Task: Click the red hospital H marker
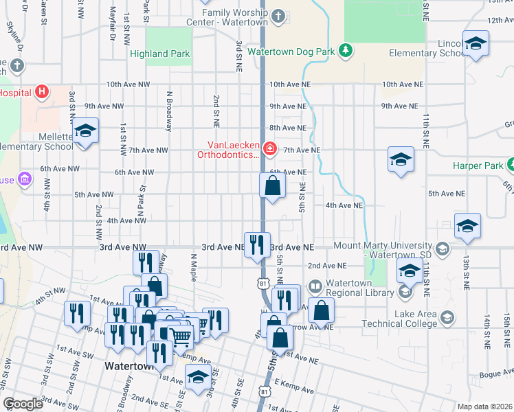point(43,91)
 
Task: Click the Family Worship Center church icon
point(278,15)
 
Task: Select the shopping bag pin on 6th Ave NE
point(273,185)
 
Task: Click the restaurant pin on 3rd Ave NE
point(257,244)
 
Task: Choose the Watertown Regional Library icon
point(315,286)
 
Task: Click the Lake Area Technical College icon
point(448,317)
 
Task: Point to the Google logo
point(23,404)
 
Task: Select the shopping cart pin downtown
point(180,336)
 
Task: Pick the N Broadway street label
point(168,109)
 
